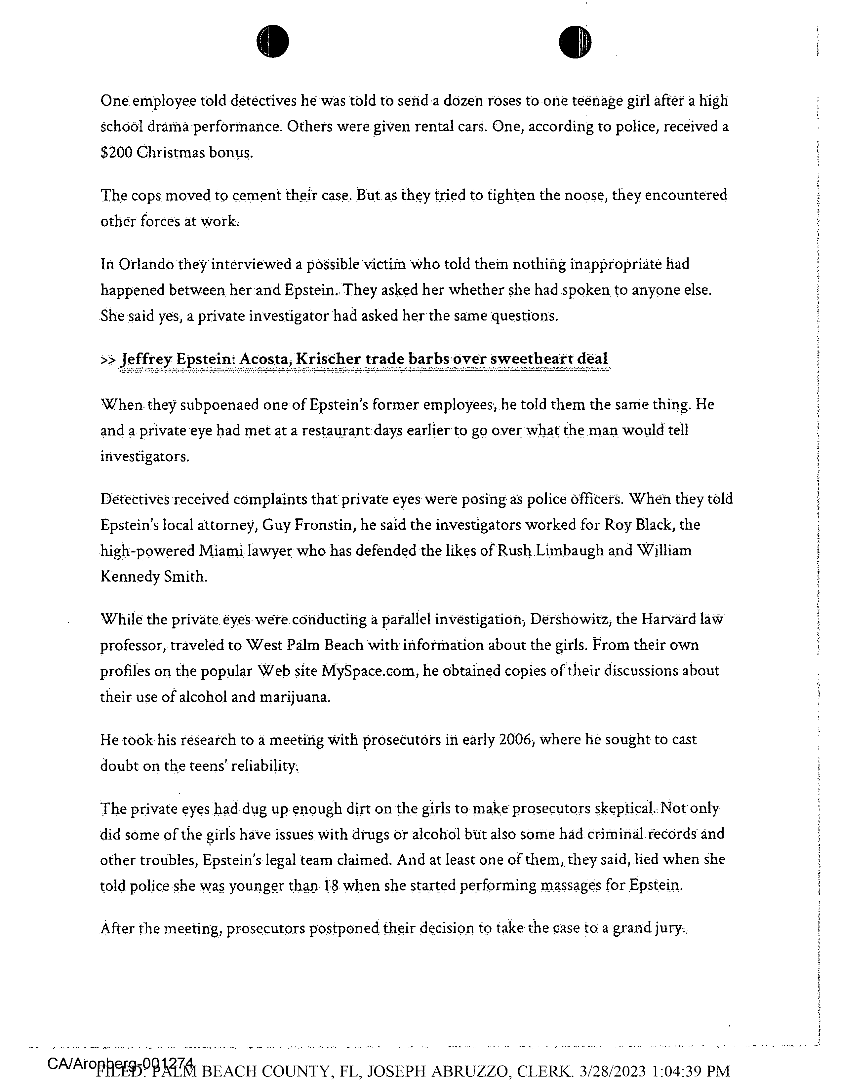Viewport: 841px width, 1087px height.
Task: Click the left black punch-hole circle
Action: click(272, 41)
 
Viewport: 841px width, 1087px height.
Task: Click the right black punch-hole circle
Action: click(575, 41)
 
